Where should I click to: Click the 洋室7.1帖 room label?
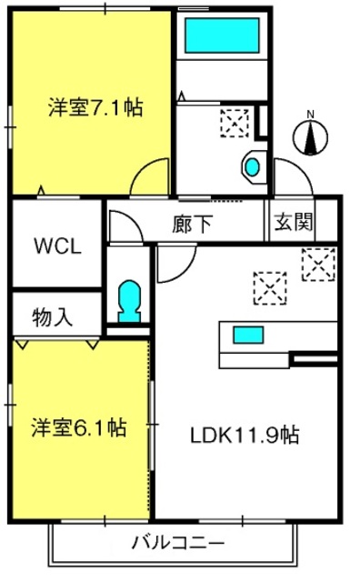pyautogui.click(x=95, y=107)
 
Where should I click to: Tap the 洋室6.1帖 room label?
pyautogui.click(x=79, y=427)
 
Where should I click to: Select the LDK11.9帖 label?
pyautogui.click(x=245, y=435)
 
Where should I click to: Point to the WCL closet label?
pyautogui.click(x=57, y=246)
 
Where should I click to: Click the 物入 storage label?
pyautogui.click(x=52, y=317)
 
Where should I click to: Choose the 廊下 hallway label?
pyautogui.click(x=192, y=225)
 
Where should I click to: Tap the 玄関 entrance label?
pyautogui.click(x=294, y=222)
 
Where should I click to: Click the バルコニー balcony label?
pyautogui.click(x=178, y=543)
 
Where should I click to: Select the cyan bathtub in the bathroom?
pyautogui.click(x=222, y=35)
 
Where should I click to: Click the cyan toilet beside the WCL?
pyautogui.click(x=129, y=301)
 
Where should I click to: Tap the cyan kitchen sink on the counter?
pyautogui.click(x=248, y=335)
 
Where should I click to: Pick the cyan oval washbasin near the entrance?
pyautogui.click(x=253, y=167)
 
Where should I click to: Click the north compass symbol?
pyautogui.click(x=311, y=136)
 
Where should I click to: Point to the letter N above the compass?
pyautogui.click(x=311, y=115)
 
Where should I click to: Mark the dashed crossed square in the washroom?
pyautogui.click(x=235, y=124)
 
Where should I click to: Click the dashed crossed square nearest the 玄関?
pyautogui.click(x=318, y=265)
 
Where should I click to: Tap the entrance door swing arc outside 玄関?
pyautogui.click(x=301, y=167)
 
